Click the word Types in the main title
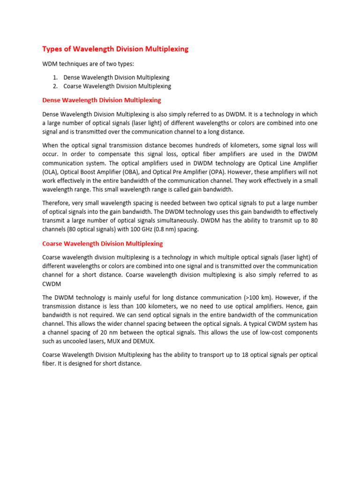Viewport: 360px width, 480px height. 54,49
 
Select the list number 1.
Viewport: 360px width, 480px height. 55,77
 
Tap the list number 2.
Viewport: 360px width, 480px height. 55,86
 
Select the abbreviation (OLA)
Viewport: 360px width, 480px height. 50,172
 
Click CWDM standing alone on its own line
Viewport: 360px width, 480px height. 52,284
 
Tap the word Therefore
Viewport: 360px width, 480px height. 58,203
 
